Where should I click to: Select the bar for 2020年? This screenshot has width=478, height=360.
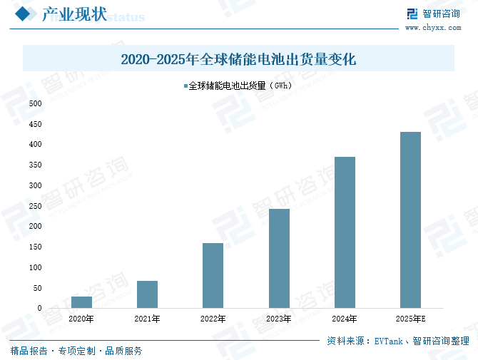point(81,302)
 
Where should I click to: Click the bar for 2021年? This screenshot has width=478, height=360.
point(147,294)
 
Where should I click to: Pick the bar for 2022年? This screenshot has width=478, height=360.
point(213,275)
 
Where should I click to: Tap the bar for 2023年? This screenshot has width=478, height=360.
point(279,258)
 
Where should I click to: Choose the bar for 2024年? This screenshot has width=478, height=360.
point(345,232)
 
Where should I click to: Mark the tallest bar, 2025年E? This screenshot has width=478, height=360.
point(410,220)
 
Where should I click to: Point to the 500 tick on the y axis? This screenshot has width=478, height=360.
point(35,103)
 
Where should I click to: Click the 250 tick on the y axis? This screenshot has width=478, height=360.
point(35,206)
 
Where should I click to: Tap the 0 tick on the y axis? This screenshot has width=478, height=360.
point(39,309)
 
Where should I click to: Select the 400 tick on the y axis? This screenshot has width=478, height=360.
point(35,145)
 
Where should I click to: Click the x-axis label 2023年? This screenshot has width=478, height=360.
point(279,319)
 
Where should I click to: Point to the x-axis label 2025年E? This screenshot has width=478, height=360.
point(411,319)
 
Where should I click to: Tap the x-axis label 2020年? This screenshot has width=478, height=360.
point(81,319)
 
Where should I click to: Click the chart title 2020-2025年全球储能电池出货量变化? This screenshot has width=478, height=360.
point(238,59)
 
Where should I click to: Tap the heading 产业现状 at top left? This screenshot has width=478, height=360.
point(74,14)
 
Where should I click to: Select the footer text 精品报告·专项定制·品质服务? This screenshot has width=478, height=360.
point(76,351)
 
